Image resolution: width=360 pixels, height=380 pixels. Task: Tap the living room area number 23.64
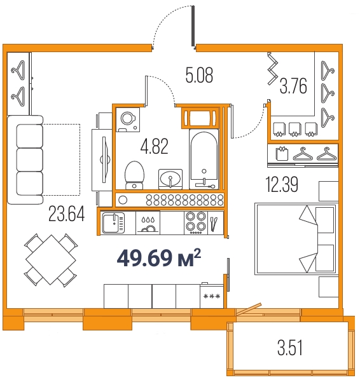67,214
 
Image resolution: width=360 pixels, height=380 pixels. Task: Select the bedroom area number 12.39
282,184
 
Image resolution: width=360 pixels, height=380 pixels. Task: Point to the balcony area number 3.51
290,348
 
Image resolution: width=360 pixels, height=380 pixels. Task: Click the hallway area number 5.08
199,75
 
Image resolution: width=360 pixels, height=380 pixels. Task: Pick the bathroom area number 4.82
155,146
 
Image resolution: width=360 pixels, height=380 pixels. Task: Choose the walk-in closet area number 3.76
293,86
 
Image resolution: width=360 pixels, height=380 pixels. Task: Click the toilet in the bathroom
134,175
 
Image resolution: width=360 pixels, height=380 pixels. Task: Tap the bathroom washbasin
170,179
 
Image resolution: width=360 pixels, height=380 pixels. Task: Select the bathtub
204,159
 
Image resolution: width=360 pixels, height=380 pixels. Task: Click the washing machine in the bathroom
128,119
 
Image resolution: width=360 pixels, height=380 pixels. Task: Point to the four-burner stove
196,223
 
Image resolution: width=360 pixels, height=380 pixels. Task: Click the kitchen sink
113,222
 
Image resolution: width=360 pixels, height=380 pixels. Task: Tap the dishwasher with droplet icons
148,223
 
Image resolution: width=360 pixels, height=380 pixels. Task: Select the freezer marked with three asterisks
212,296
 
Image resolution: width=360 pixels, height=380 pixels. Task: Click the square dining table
51,259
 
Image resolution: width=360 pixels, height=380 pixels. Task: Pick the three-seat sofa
25,160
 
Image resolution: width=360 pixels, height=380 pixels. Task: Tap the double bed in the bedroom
296,239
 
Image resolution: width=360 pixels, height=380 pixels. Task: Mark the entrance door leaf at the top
193,26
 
